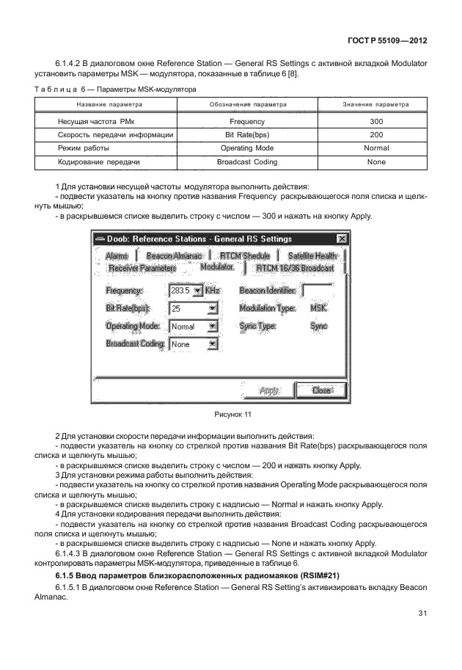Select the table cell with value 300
(x=375, y=121)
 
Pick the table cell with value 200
(x=375, y=134)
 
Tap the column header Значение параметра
(x=375, y=106)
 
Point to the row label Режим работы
(x=77, y=148)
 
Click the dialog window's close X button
(x=341, y=238)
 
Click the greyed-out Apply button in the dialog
(x=271, y=390)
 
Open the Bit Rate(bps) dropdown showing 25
(x=213, y=309)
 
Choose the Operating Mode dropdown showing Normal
(x=213, y=327)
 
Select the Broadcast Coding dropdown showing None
(x=213, y=344)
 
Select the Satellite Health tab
(x=312, y=255)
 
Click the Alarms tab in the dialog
(x=116, y=255)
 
